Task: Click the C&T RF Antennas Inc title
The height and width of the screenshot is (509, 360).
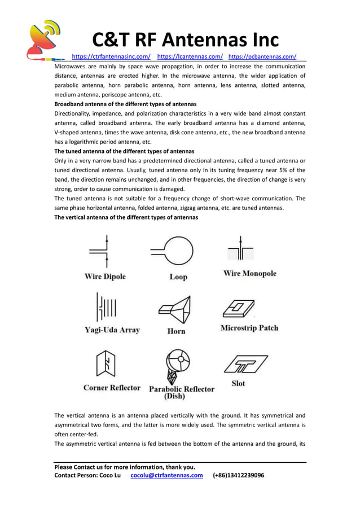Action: coord(185,40)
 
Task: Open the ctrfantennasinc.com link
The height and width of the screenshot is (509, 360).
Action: coord(111,56)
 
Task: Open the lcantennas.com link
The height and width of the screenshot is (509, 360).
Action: coord(190,56)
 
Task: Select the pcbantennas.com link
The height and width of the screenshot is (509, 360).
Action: coord(262,56)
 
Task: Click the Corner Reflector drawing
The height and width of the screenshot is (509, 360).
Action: coord(106,364)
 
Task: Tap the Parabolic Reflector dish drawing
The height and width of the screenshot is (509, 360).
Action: coord(176,365)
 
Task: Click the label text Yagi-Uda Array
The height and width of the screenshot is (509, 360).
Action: coord(112,330)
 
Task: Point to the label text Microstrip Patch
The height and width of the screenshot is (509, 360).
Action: coord(249,328)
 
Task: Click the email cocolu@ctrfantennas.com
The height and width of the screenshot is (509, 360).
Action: coord(166,475)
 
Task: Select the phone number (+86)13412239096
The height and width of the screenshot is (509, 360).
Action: coord(238,475)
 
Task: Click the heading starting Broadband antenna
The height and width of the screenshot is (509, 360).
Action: coord(125,104)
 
